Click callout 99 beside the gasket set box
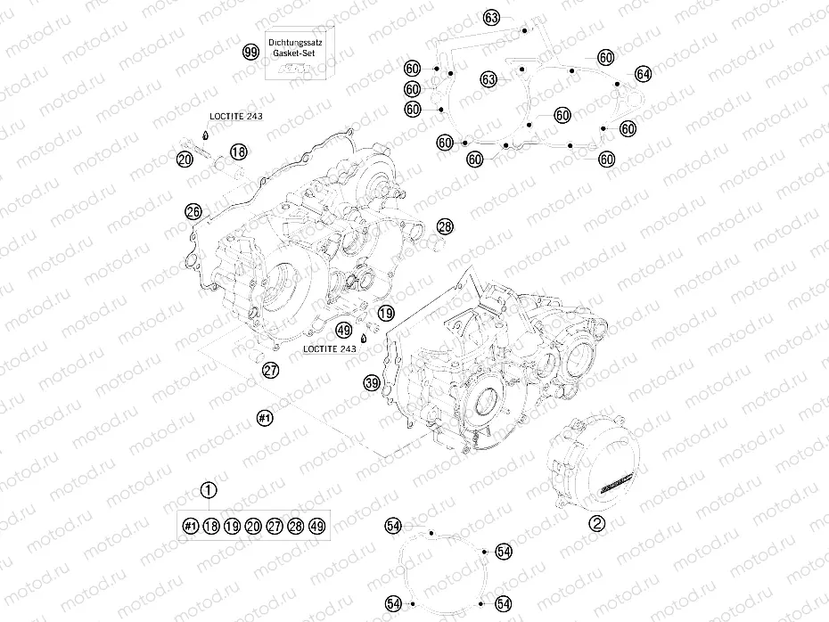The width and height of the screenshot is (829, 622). pyautogui.click(x=250, y=53)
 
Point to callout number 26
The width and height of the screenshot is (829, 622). pyautogui.click(x=193, y=211)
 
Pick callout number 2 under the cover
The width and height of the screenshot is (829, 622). pyautogui.click(x=596, y=523)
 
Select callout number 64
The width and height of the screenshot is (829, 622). pyautogui.click(x=644, y=73)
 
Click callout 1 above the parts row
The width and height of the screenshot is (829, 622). pyautogui.click(x=209, y=489)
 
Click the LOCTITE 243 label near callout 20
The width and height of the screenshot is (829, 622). pyautogui.click(x=235, y=117)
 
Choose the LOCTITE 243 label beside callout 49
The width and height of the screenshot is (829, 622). pyautogui.click(x=330, y=349)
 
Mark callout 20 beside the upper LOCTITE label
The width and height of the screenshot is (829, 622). pyautogui.click(x=185, y=160)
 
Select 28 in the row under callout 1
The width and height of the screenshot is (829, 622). pyautogui.click(x=296, y=526)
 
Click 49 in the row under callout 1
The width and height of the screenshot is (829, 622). pyautogui.click(x=317, y=526)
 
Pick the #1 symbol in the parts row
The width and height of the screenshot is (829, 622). pyautogui.click(x=189, y=526)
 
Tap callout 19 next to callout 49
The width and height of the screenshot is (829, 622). pyautogui.click(x=385, y=313)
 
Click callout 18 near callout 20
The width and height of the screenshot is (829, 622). pyautogui.click(x=237, y=152)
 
